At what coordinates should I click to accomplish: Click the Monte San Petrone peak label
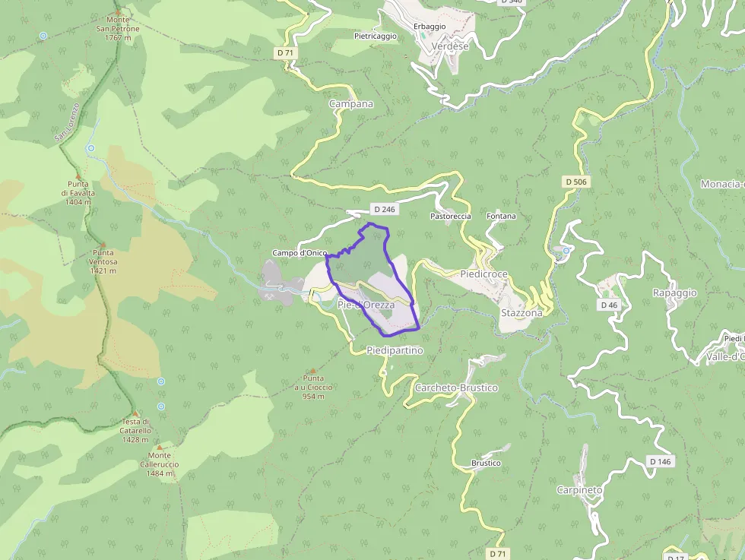point(118,28)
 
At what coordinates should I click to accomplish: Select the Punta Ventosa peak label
point(103,261)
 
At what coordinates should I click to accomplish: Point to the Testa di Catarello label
point(136,431)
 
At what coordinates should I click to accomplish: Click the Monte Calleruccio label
point(159,464)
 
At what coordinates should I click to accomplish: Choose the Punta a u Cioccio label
point(313,387)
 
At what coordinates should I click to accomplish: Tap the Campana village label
point(350,104)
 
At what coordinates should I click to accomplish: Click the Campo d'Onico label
point(300,253)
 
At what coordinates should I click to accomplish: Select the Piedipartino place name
point(394,351)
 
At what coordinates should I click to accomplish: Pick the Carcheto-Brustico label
point(456,388)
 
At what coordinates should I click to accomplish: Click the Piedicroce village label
point(483,274)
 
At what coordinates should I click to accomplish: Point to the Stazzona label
point(521,313)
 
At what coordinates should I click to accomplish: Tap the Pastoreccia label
point(451,217)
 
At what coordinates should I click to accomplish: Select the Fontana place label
point(501,217)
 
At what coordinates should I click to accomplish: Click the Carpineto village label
point(579,490)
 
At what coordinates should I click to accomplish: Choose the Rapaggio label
point(674,293)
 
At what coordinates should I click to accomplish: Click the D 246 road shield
point(384,209)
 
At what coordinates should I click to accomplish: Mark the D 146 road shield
point(661,461)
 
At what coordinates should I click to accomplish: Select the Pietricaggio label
point(376,36)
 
